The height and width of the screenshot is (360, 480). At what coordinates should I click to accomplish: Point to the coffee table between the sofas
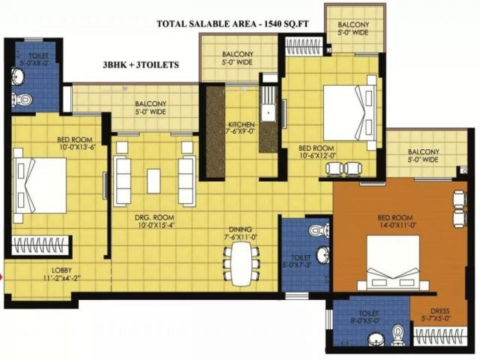tap(154, 181)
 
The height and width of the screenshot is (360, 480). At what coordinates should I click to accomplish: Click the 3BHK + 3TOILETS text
tap(140, 64)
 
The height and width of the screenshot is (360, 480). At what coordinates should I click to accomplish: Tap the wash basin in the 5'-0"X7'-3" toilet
tap(323, 253)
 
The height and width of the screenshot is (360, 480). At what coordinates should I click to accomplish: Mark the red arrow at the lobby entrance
tap(2, 276)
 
